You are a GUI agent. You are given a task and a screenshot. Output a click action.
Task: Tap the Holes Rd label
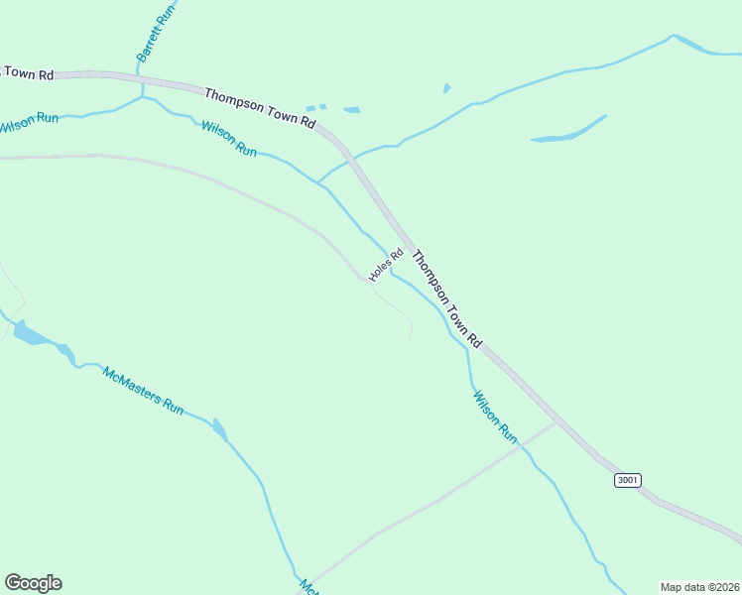[386, 264]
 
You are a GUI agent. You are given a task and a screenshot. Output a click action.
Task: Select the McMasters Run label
[143, 391]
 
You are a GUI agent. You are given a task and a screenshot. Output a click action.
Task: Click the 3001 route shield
[627, 480]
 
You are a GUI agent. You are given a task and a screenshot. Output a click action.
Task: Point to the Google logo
[33, 583]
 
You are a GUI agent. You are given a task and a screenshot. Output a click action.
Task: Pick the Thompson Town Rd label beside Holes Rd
[445, 297]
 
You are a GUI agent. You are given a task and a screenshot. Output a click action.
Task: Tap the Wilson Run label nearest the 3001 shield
[495, 416]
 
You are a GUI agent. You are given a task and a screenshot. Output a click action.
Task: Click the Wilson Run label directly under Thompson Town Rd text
[229, 139]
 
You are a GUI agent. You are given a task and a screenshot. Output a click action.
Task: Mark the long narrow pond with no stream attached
[568, 131]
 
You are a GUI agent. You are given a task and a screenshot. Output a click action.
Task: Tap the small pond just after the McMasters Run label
[219, 429]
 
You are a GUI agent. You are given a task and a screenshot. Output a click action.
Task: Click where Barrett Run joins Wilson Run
[143, 97]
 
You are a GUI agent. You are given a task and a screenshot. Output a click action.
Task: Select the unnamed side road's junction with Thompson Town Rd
[556, 423]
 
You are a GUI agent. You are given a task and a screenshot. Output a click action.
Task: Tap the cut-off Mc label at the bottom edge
[309, 586]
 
